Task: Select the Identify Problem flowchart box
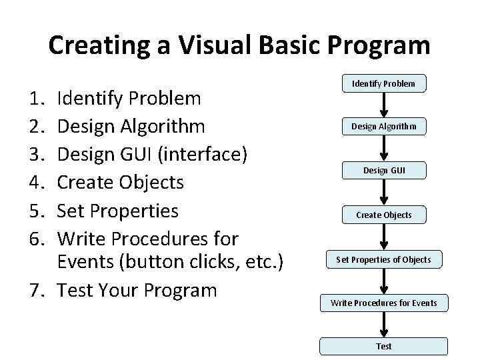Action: click(383, 83)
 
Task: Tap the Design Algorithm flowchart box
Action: click(383, 127)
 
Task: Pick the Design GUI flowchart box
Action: click(383, 171)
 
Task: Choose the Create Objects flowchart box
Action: click(383, 215)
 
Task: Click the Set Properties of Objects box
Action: click(383, 259)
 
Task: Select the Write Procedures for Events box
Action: click(383, 303)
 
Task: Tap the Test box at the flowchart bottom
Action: click(383, 346)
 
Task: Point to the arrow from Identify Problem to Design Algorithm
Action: click(383, 105)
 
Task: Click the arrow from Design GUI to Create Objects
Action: click(383, 193)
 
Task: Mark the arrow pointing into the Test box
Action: click(383, 325)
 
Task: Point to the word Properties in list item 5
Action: click(136, 211)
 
